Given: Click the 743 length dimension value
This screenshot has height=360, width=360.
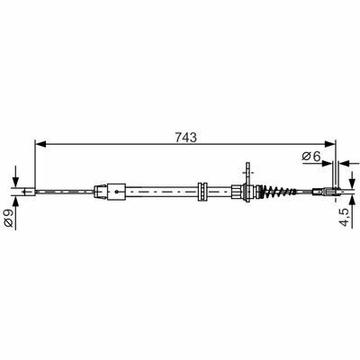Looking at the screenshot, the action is point(186,137).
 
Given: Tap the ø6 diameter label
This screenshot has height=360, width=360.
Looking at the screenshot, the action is point(311,156).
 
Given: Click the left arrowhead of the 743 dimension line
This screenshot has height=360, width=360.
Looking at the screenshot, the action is point(40,144).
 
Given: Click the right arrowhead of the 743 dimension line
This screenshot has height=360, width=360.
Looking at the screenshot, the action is point(330,144).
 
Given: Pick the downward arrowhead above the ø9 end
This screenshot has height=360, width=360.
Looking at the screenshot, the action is point(15,183).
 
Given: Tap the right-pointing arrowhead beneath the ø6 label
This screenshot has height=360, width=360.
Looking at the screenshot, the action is point(328,164).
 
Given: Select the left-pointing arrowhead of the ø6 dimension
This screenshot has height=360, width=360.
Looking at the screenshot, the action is point(345,164).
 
